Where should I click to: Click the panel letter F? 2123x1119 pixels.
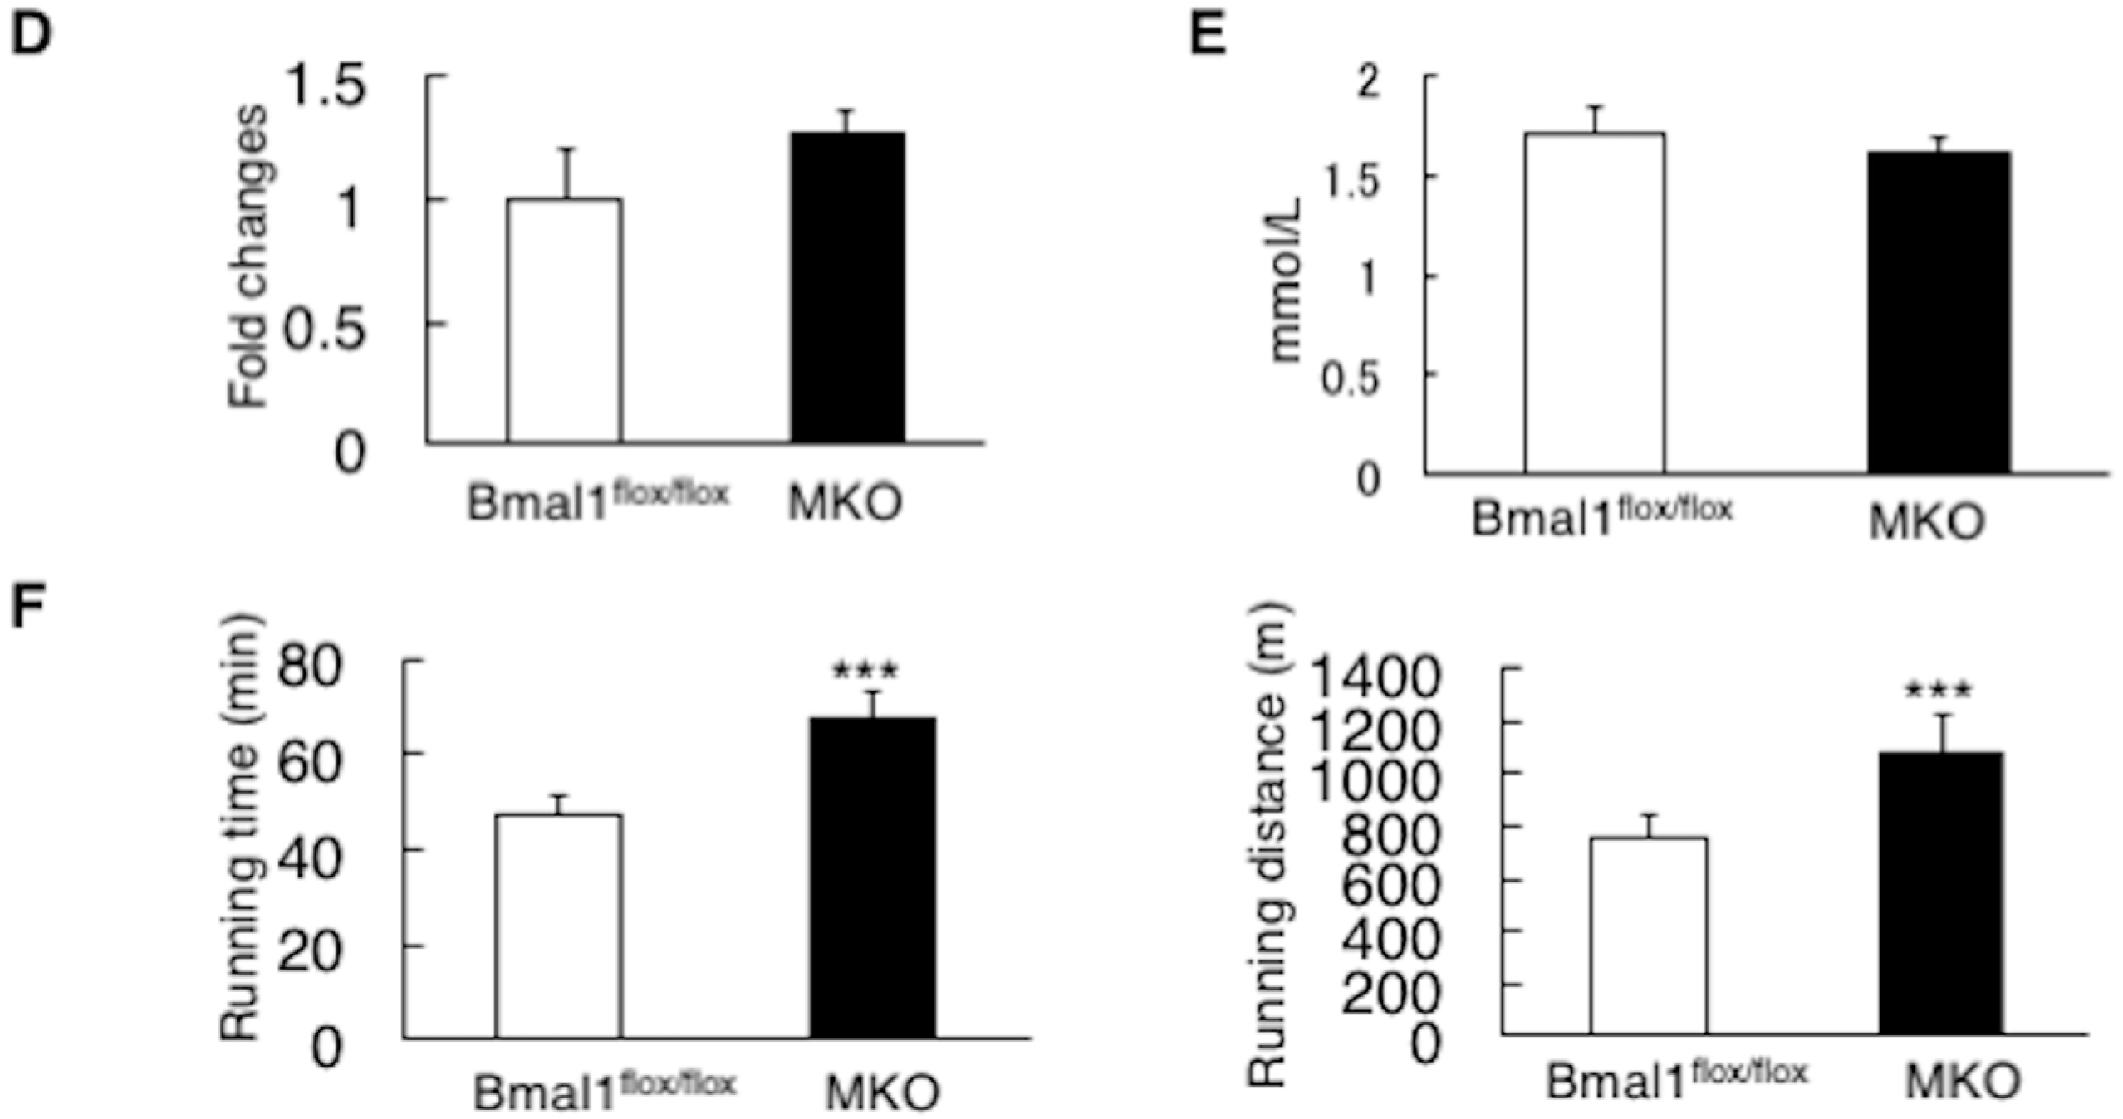pyautogui.click(x=28, y=608)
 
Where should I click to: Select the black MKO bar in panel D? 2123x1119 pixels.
pyautogui.click(x=847, y=286)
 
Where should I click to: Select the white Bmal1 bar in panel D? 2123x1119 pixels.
pyautogui.click(x=564, y=320)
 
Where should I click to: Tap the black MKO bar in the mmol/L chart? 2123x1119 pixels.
pyautogui.click(x=1939, y=311)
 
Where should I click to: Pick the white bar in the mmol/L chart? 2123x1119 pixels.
pyautogui.click(x=1594, y=303)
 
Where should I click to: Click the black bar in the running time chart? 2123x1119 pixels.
pyautogui.click(x=873, y=877)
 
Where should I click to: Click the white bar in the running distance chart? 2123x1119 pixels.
pyautogui.click(x=1649, y=935)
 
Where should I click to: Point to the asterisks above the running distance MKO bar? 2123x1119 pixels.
pyautogui.click(x=1938, y=689)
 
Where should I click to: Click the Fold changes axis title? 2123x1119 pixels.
pyautogui.click(x=248, y=257)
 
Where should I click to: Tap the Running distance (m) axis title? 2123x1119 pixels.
pyautogui.click(x=1267, y=843)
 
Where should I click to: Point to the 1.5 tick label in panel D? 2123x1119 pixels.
pyautogui.click(x=326, y=86)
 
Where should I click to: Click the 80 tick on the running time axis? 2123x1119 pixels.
pyautogui.click(x=309, y=666)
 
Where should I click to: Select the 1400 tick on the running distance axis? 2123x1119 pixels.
pyautogui.click(x=1374, y=677)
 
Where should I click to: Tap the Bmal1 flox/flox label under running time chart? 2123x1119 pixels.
pyautogui.click(x=604, y=1091)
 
